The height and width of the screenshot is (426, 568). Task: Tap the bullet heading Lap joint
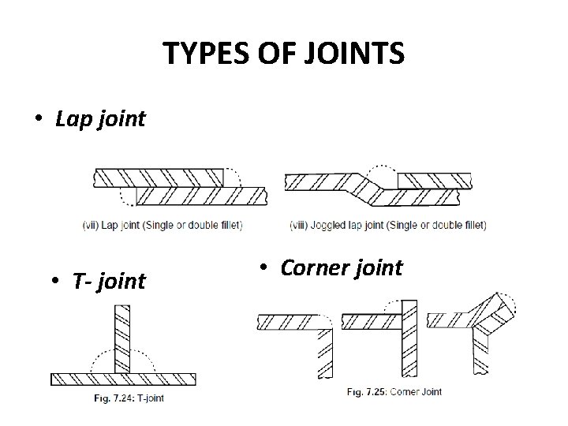point(100,119)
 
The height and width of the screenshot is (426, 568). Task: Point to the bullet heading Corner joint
point(341,267)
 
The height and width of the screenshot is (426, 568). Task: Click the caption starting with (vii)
point(162,225)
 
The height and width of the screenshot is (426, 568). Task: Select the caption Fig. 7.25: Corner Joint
point(394,391)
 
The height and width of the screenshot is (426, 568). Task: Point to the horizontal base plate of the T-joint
point(123,379)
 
